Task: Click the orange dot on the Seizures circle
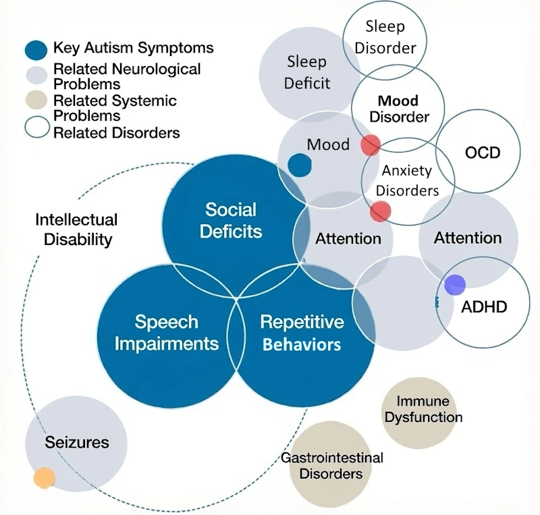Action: pyautogui.click(x=44, y=478)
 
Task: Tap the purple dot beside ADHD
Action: pyautogui.click(x=454, y=285)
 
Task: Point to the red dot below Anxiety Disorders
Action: pyautogui.click(x=380, y=211)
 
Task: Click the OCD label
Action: pyautogui.click(x=483, y=153)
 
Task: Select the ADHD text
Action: pyautogui.click(x=484, y=307)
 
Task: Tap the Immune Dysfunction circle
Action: pyautogui.click(x=423, y=410)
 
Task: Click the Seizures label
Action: pyautogui.click(x=76, y=443)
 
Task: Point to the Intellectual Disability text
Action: pyautogui.click(x=76, y=229)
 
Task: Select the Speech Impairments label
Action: pyautogui.click(x=166, y=332)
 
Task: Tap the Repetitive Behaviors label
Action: pyautogui.click(x=302, y=333)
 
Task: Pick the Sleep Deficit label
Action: pyautogui.click(x=307, y=73)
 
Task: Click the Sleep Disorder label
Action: pyautogui.click(x=385, y=37)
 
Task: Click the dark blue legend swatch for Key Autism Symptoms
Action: pyautogui.click(x=35, y=50)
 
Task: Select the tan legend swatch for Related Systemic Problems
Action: pyautogui.click(x=35, y=101)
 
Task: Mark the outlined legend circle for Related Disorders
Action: pyautogui.click(x=35, y=127)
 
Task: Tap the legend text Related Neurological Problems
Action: pyautogui.click(x=127, y=76)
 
